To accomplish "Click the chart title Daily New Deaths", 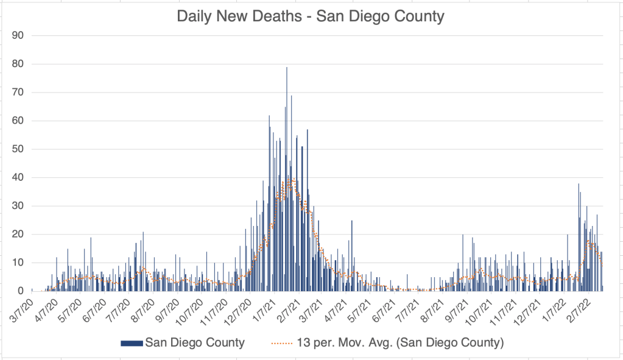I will click(311, 16).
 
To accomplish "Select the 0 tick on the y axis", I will click(20, 291).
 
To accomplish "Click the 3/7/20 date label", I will click(22, 308).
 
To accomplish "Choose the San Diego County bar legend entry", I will click(194, 342).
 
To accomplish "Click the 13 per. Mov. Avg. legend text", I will click(399, 342).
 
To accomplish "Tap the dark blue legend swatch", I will click(131, 343).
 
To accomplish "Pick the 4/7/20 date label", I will click(46, 308).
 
